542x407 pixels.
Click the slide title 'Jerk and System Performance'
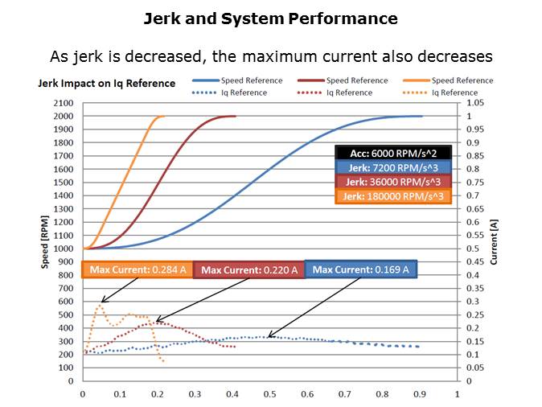pos(270,18)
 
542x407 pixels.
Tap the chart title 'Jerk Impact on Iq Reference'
pos(106,83)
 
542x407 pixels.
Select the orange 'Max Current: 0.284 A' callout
pos(137,269)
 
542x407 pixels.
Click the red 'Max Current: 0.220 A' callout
pos(249,270)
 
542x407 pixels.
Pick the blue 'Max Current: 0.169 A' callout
pos(361,269)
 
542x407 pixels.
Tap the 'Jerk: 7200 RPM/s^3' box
pos(392,167)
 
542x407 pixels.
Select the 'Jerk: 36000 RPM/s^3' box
pos(392,182)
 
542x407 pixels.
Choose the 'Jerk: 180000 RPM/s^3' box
pos(392,196)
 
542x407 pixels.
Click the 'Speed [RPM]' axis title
pos(46,242)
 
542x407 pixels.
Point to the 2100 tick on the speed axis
pos(63,104)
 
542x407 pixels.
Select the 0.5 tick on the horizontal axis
pos(269,394)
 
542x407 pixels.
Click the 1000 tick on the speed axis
pos(63,249)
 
